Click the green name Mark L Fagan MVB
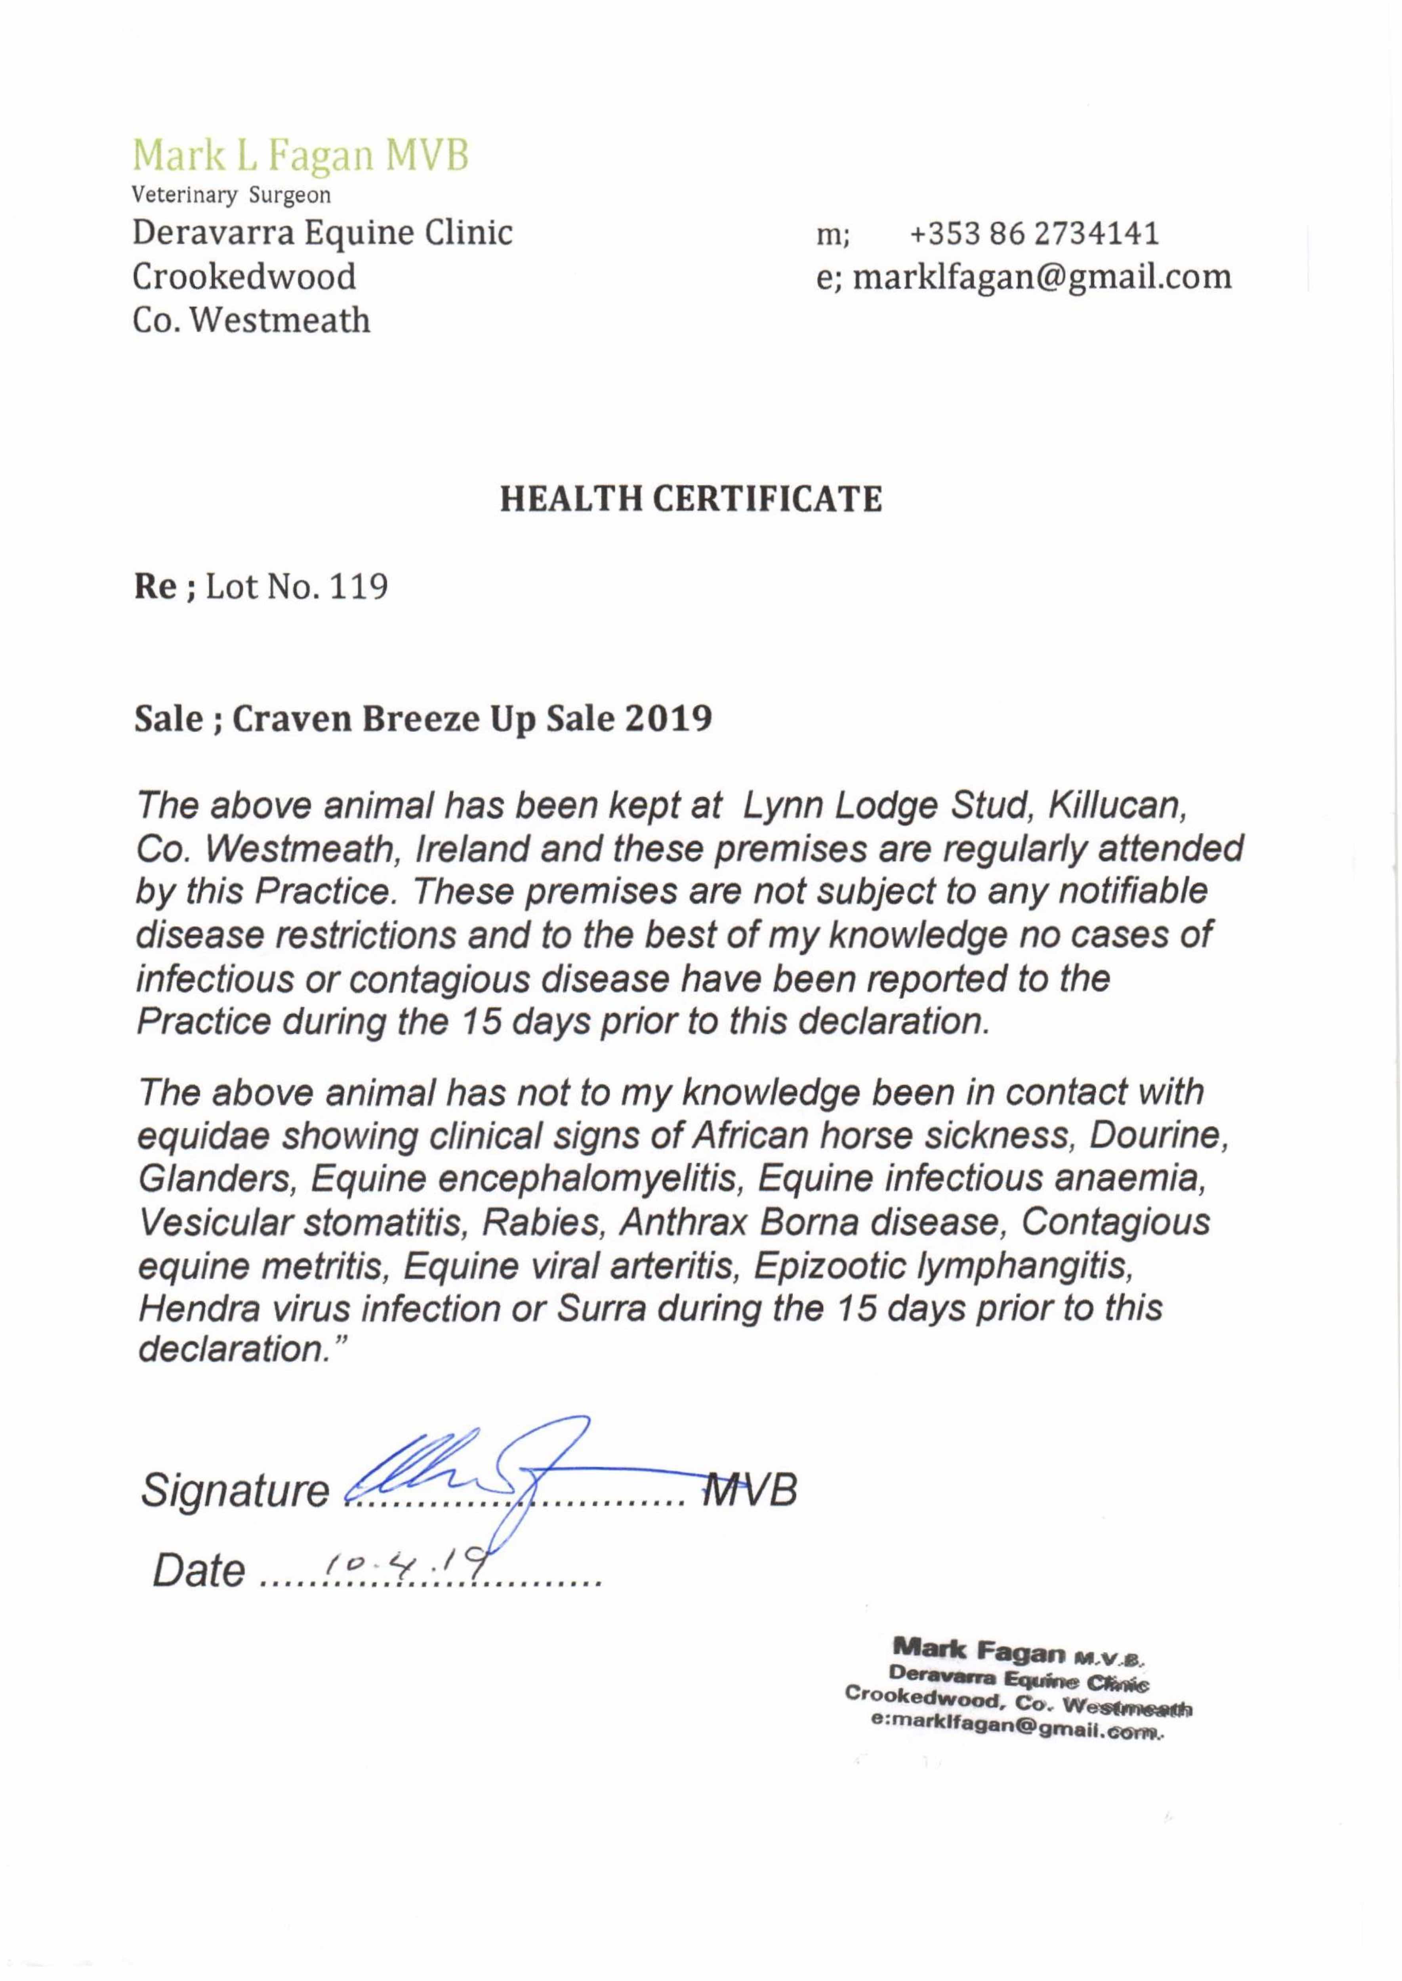tap(300, 155)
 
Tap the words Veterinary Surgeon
tap(231, 195)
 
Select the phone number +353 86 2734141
tap(1034, 234)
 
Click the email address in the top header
tap(1042, 277)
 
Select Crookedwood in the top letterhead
tap(244, 277)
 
